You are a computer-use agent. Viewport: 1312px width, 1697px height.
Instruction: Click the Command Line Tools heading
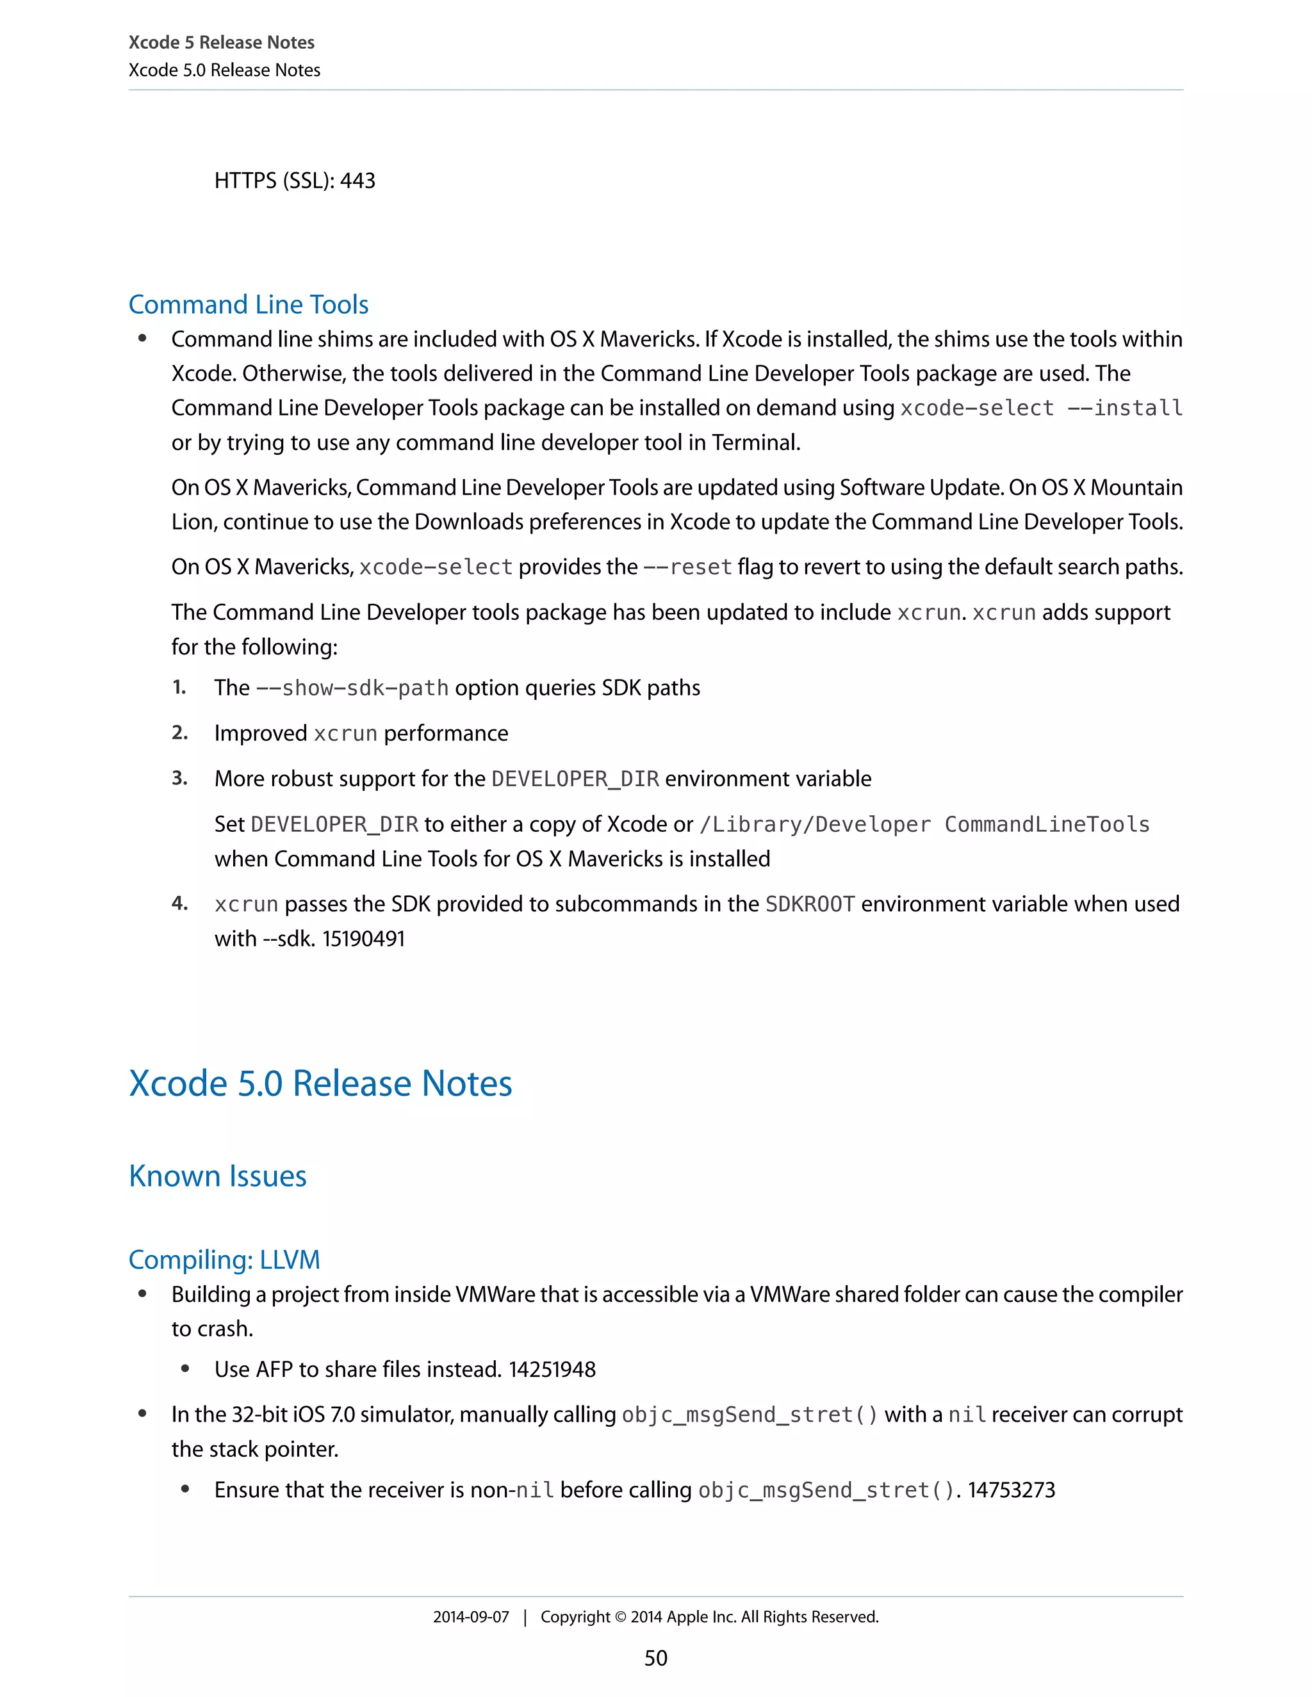point(248,305)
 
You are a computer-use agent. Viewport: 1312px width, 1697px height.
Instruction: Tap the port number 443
point(357,181)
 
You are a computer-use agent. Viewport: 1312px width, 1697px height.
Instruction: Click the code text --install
point(1125,408)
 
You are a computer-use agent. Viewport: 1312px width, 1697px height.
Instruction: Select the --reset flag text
point(688,567)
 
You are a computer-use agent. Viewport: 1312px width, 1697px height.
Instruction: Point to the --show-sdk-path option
point(352,688)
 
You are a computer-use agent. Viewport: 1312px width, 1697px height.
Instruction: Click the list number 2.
point(179,733)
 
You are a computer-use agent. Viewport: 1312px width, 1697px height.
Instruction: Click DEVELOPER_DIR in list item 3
point(575,779)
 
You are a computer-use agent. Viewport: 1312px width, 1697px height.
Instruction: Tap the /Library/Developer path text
point(815,824)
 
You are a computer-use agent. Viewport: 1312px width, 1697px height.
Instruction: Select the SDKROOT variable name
point(810,904)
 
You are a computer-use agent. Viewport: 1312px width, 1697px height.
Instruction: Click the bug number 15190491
point(364,939)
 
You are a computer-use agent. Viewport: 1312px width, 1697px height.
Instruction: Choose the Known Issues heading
point(218,1176)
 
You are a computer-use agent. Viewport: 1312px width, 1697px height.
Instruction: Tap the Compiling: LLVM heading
point(224,1260)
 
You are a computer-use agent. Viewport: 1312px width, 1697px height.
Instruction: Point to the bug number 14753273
point(1011,1490)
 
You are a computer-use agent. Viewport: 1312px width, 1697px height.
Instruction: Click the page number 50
point(655,1657)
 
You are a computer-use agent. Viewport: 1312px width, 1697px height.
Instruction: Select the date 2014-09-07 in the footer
point(470,1617)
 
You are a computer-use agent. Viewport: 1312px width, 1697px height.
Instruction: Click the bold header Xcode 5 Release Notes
point(222,43)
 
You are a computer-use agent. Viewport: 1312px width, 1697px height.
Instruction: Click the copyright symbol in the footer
point(619,1617)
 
